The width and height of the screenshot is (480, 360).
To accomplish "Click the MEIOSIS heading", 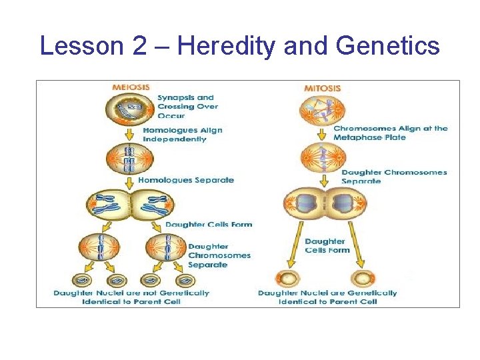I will click(131, 87).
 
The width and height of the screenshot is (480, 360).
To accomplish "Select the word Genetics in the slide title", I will click(388, 46).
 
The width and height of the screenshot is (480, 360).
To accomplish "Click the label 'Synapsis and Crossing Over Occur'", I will click(187, 106).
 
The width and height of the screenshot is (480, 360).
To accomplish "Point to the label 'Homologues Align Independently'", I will click(183, 135).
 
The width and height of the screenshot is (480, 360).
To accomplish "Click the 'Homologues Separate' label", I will click(186, 180).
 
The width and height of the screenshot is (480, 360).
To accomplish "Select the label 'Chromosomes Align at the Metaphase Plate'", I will click(390, 133).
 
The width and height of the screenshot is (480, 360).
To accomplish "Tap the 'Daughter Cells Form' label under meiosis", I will click(209, 225).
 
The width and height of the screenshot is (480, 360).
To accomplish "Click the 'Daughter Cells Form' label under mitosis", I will click(327, 245).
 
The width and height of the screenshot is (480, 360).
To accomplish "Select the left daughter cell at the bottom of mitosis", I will click(287, 278).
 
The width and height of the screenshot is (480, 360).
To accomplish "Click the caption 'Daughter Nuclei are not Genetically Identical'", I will click(131, 297).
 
